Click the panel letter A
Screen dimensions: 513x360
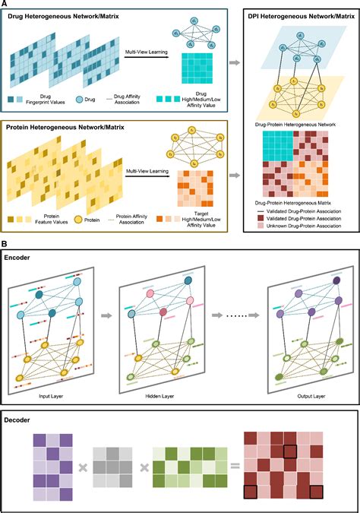pyautogui.click(x=5, y=5)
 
